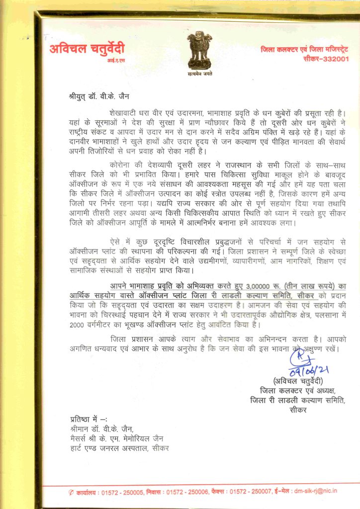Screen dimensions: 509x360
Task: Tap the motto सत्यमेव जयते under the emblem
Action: [199, 72]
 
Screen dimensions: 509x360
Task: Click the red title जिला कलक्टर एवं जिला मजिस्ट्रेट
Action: [305, 49]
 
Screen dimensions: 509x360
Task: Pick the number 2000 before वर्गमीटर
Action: [81, 325]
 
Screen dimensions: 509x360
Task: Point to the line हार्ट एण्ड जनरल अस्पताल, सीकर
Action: [119, 449]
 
